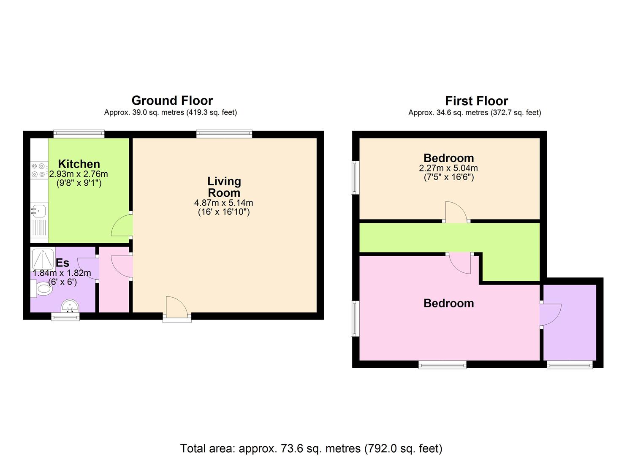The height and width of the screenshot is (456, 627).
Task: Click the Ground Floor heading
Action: [x=172, y=100]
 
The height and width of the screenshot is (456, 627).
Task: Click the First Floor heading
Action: [x=476, y=100]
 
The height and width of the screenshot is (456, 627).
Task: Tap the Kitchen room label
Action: [x=79, y=164]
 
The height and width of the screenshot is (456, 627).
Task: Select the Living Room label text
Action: [x=224, y=187]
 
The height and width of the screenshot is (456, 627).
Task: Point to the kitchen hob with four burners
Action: [x=39, y=170]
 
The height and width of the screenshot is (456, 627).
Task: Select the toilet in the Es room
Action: [x=41, y=288]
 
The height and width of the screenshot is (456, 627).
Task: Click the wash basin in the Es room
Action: [x=70, y=306]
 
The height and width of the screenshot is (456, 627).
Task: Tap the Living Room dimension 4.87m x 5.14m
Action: [x=224, y=203]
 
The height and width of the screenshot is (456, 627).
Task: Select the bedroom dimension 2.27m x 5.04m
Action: [x=448, y=168]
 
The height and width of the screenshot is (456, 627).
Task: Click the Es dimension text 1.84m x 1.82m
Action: [x=62, y=273]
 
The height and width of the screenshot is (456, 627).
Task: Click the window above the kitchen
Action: [x=79, y=134]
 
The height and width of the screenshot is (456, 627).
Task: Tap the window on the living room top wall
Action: [x=224, y=134]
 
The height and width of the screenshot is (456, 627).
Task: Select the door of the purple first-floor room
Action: [x=550, y=315]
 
